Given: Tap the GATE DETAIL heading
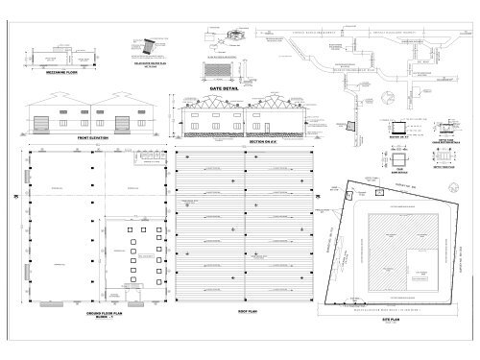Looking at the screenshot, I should click(222, 86).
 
